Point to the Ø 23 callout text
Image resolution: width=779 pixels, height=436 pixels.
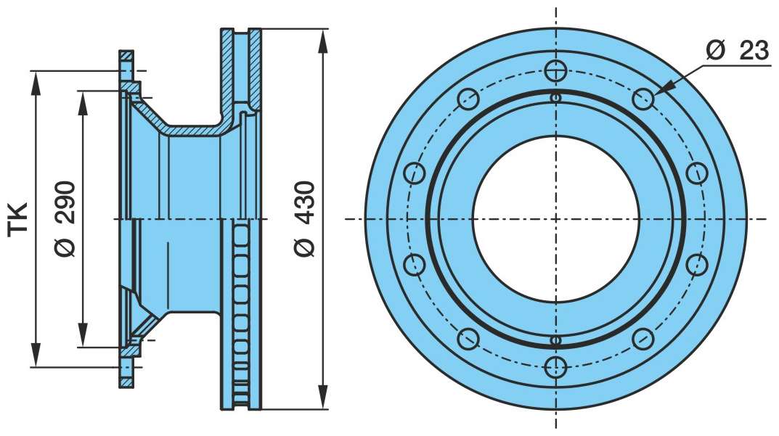(736, 51)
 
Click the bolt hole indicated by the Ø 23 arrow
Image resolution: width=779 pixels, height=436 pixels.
(643, 99)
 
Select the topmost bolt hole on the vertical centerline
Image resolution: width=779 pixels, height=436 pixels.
(556, 70)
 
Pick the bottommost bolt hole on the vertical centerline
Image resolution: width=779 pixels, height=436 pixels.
(556, 366)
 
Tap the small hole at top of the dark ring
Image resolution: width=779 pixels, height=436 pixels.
(556, 97)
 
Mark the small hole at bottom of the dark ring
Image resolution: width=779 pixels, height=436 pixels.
(556, 340)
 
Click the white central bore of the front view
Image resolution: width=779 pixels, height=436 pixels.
(556, 218)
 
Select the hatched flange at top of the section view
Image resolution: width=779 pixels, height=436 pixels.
(126, 56)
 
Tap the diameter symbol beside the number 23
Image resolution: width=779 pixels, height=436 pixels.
(715, 51)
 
